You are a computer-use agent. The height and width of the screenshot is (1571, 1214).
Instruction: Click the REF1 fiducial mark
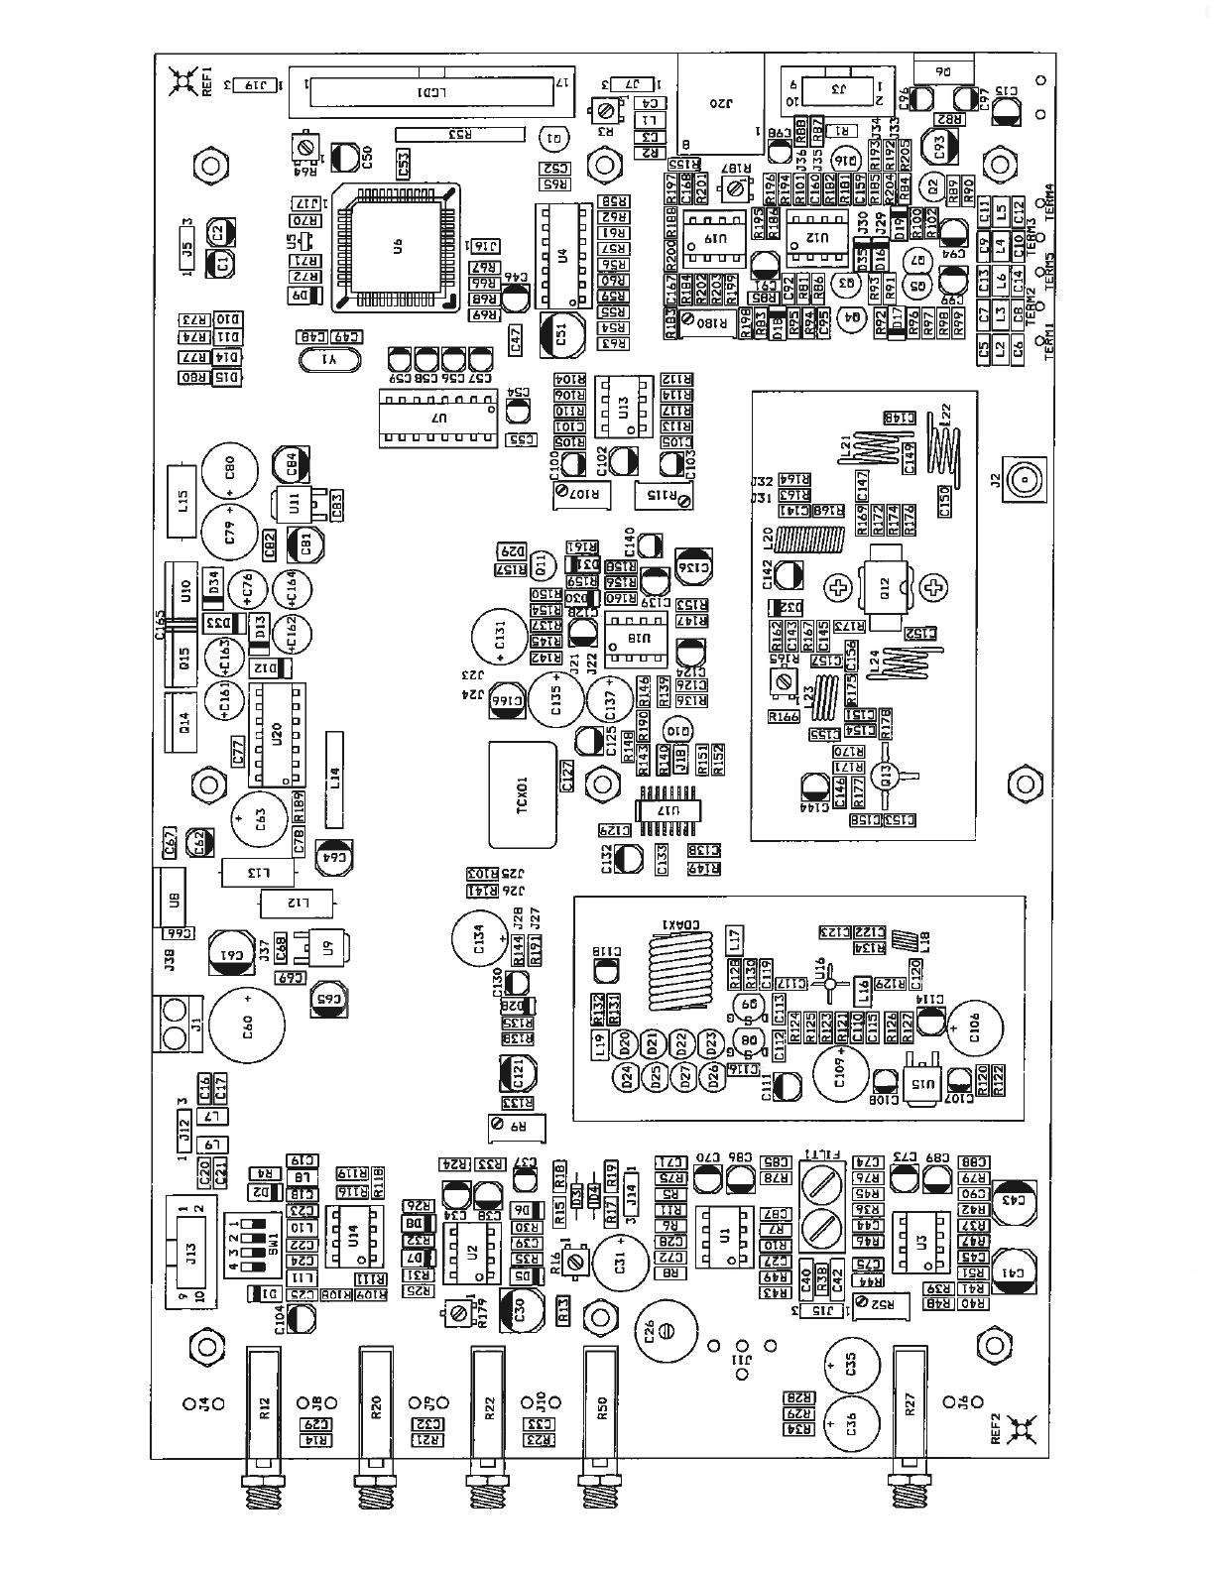(x=182, y=81)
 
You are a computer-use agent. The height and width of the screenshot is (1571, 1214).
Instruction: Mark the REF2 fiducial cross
(x=1020, y=1430)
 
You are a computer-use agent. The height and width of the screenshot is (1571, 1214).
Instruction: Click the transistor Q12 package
(x=885, y=589)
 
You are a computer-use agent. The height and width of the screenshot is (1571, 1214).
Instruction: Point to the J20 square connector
(x=721, y=104)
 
